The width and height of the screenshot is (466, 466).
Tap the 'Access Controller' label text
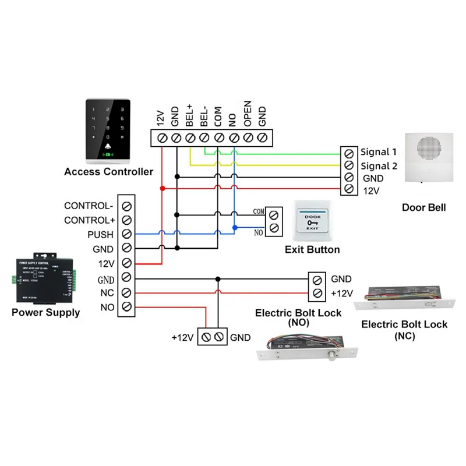108,171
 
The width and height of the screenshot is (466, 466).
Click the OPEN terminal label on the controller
248,115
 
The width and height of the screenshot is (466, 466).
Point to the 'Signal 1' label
378,152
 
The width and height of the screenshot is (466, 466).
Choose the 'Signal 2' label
378,166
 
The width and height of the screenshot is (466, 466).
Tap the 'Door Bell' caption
423,207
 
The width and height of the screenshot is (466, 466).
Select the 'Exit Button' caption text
312,250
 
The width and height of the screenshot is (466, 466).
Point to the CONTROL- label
89,206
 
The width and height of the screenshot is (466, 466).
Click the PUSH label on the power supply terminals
101,234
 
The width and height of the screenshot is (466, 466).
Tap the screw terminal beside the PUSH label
126,234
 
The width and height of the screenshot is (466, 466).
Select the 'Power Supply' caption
45,313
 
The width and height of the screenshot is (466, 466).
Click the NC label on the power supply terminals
107,292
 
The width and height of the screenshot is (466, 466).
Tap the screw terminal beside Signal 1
348,153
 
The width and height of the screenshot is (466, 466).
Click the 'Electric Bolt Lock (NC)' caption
404,330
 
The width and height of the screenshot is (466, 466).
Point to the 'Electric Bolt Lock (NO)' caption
298,317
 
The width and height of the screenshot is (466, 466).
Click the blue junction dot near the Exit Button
234,227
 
